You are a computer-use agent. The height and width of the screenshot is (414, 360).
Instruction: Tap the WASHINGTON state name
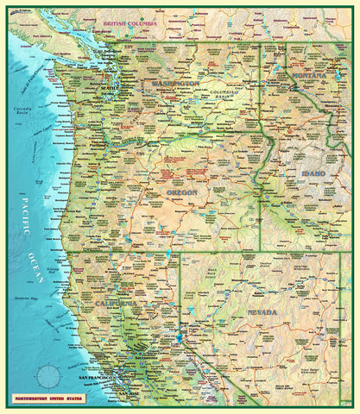176,84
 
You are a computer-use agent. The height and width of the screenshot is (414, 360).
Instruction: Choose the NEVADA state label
262,311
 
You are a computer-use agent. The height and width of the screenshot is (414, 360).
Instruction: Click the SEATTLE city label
111,88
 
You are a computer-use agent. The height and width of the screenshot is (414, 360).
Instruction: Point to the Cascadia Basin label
22,110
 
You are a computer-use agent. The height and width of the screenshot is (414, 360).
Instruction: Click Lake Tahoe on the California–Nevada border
180,336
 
